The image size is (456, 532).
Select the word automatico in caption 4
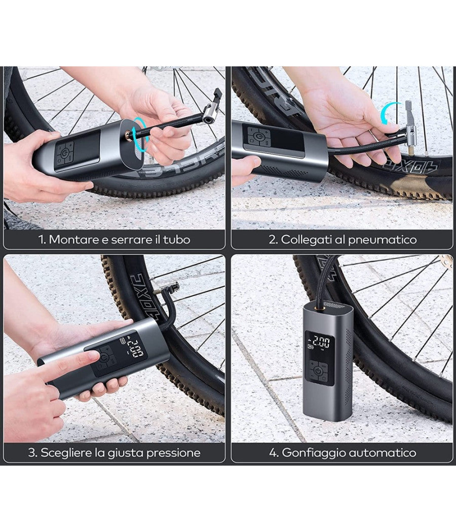(385, 452)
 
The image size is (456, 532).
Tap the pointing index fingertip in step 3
(92, 357)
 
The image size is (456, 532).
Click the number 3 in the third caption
(31, 452)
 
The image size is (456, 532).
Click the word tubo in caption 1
(179, 240)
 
